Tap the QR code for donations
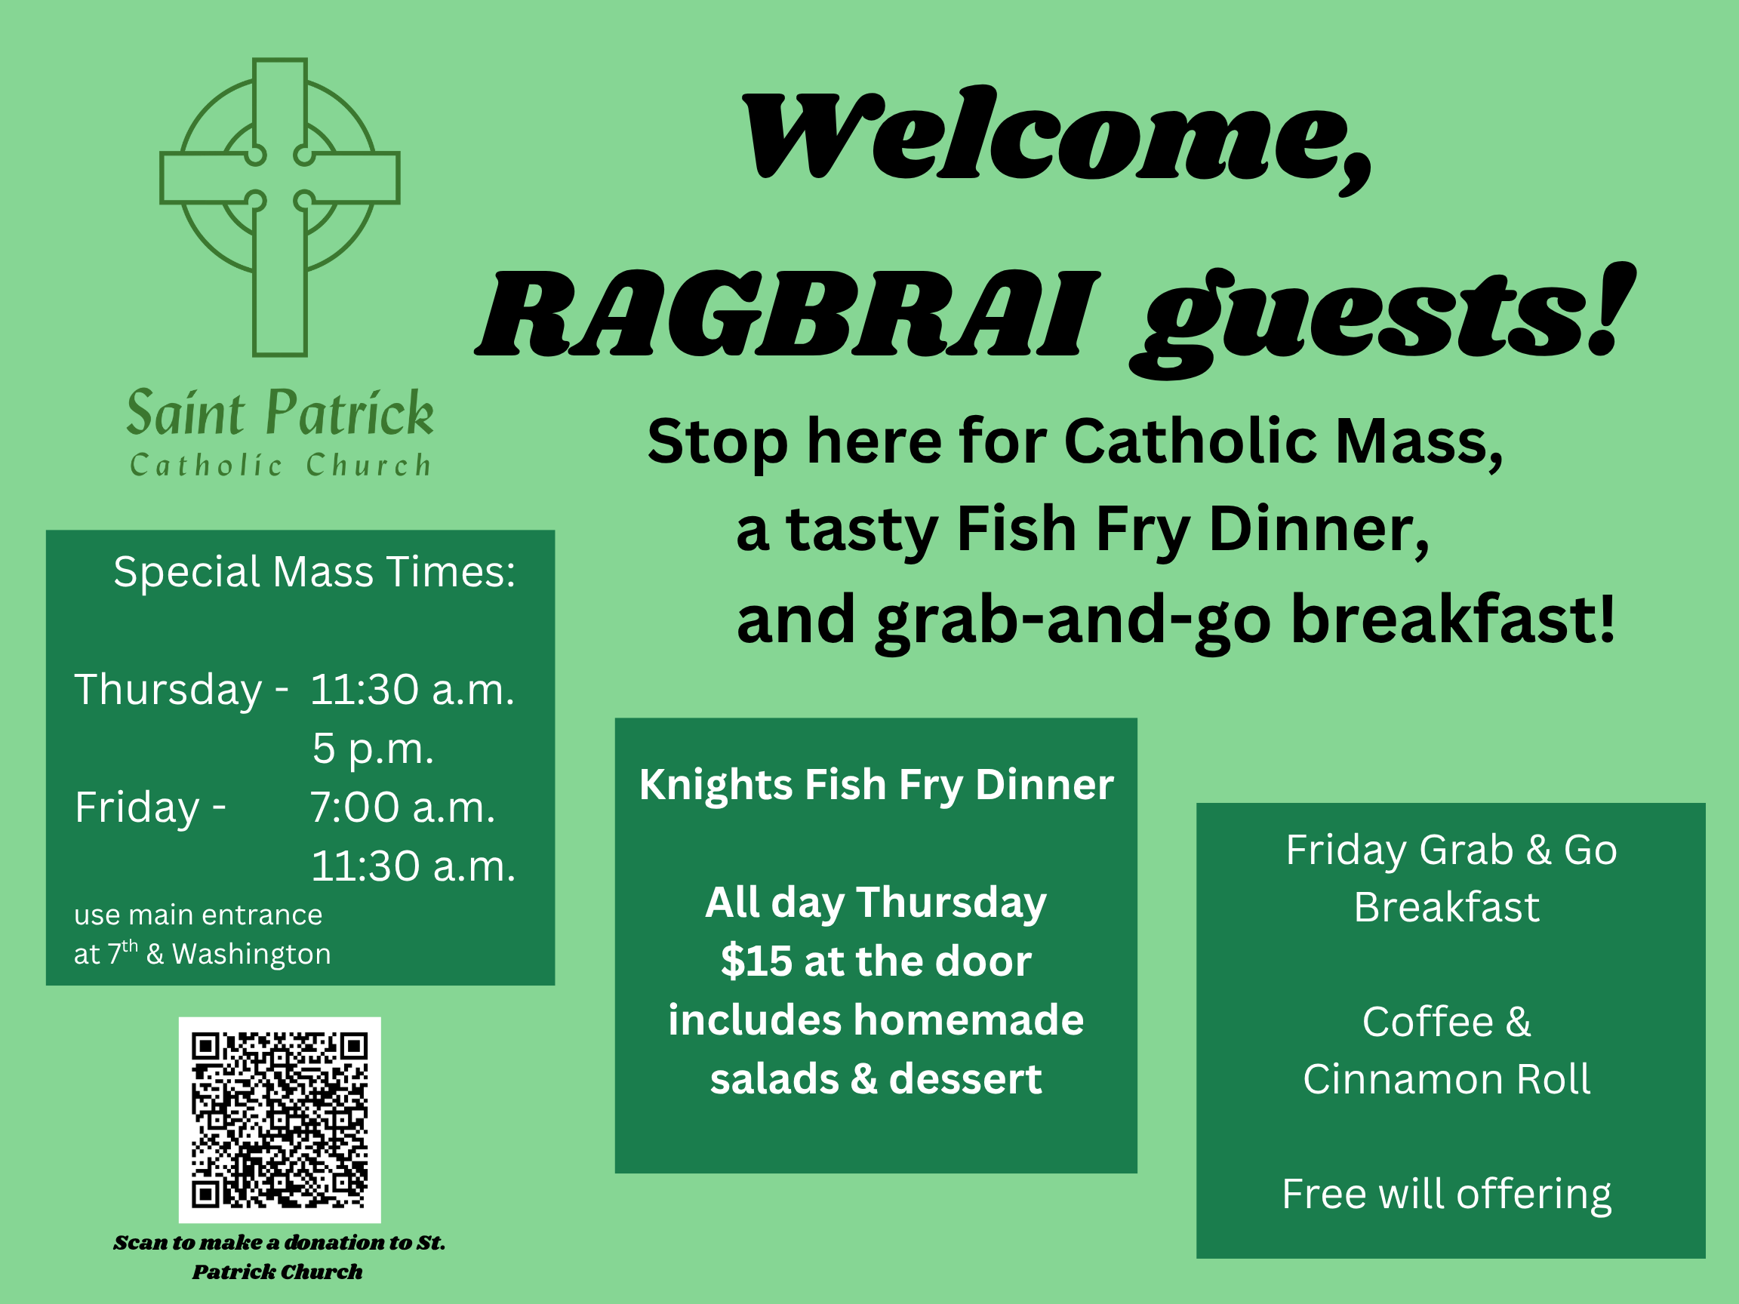[279, 1119]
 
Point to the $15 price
[756, 961]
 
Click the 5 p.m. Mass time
[373, 748]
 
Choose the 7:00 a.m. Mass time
[402, 807]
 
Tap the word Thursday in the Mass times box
[168, 690]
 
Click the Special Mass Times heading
[315, 571]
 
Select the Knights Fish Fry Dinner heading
[876, 785]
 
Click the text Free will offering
[1447, 1194]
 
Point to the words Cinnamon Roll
[1447, 1078]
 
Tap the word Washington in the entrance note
[251, 954]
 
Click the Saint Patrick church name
[280, 412]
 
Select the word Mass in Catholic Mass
[1420, 441]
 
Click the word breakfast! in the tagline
[1454, 620]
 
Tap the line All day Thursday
[876, 903]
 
